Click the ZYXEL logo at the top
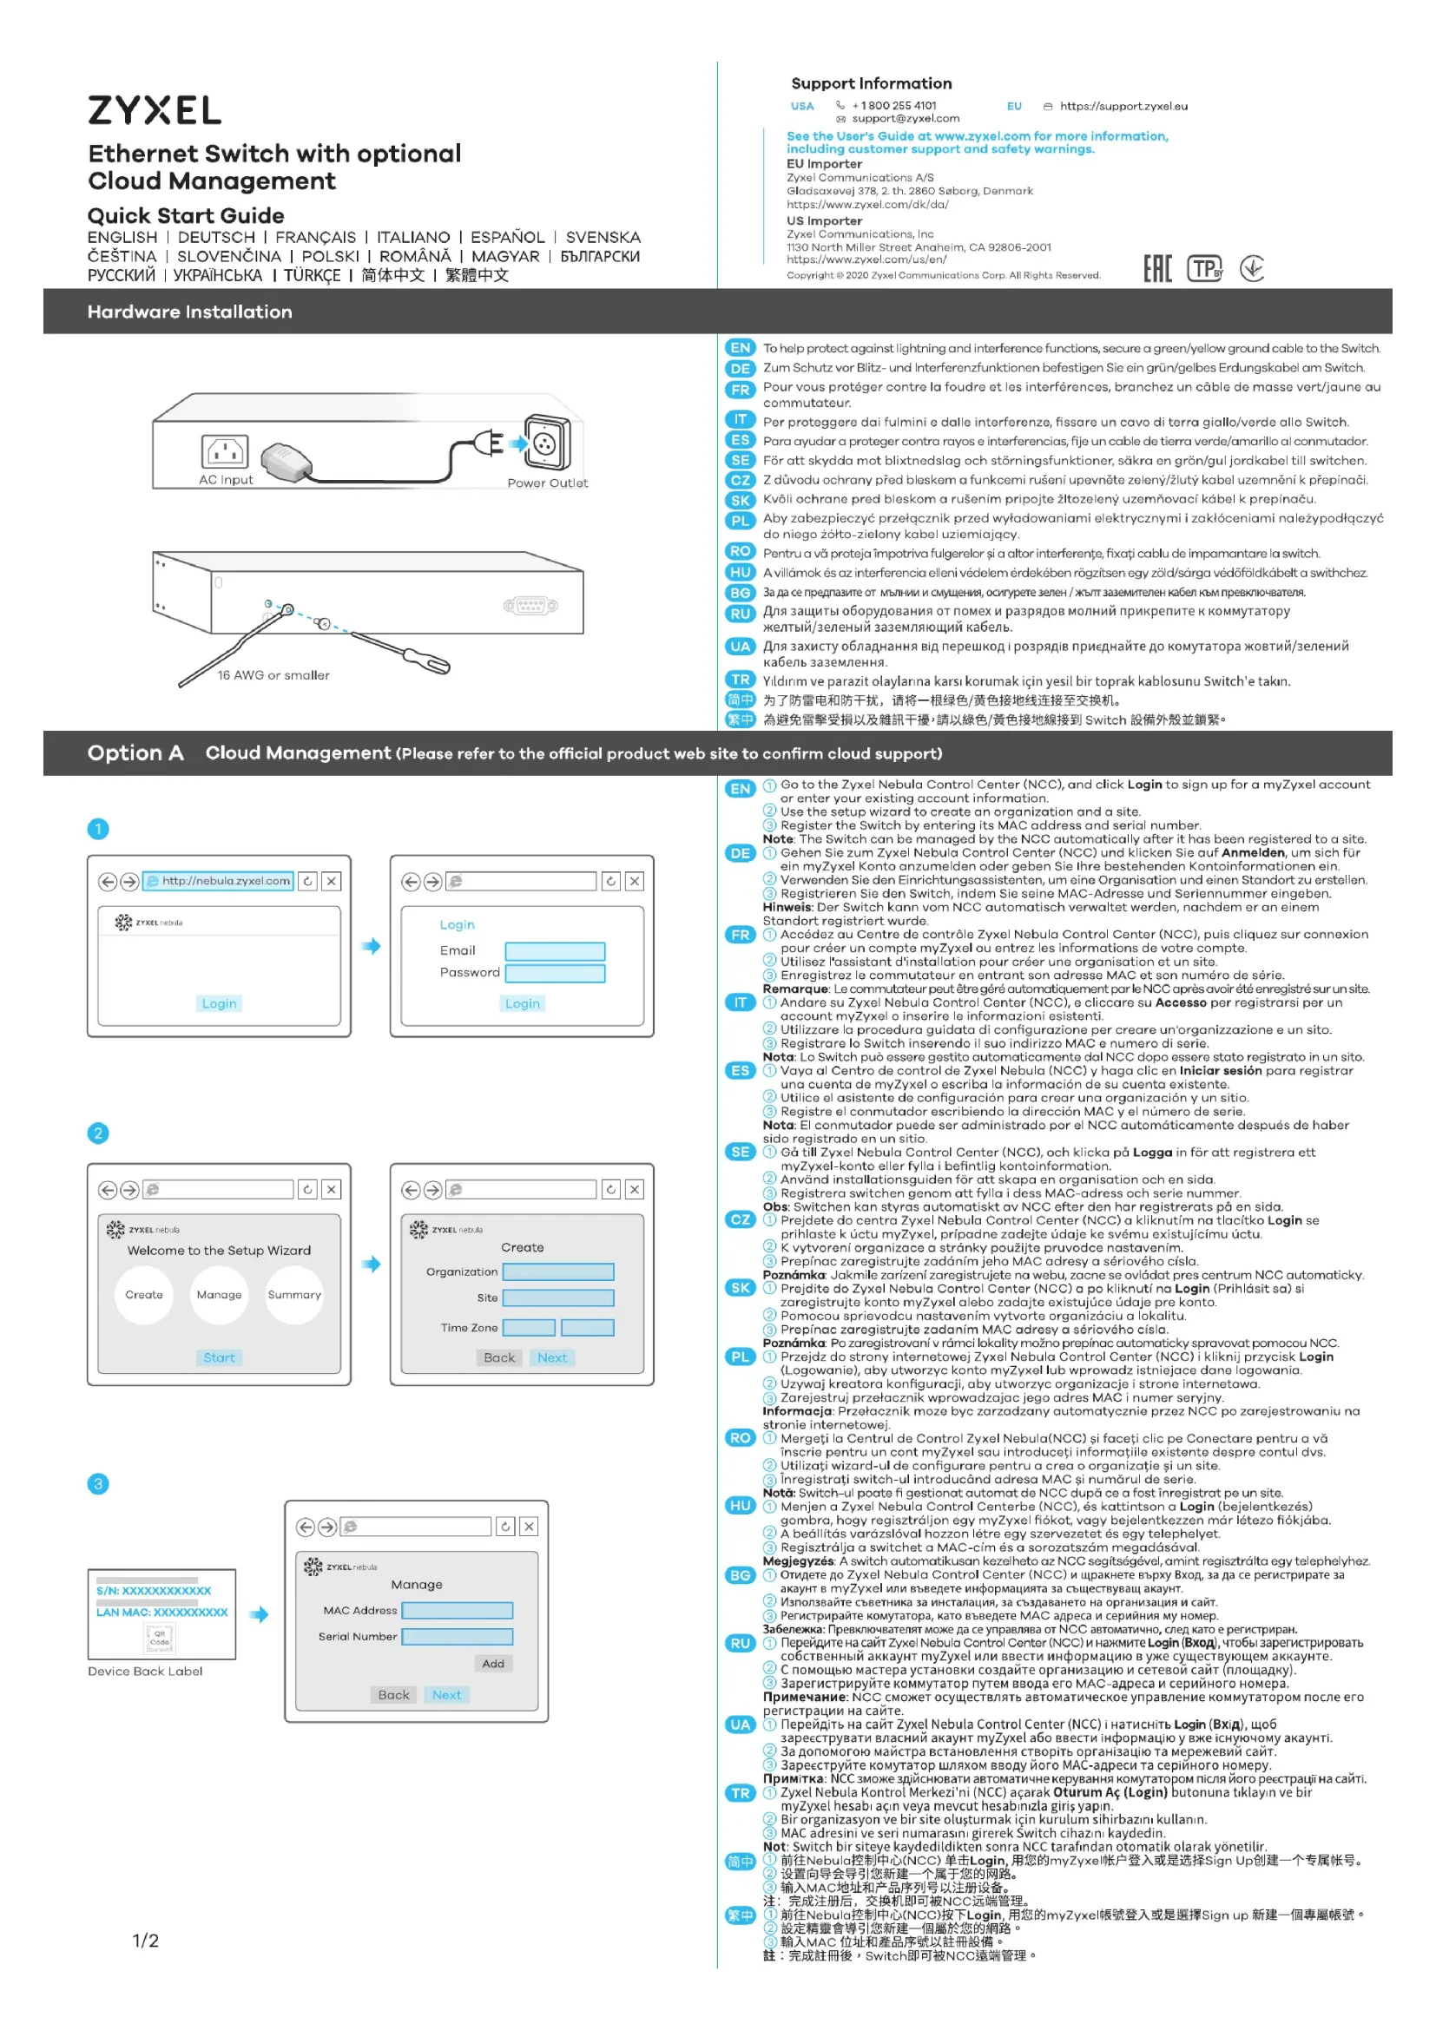click(x=154, y=110)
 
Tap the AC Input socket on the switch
click(x=225, y=452)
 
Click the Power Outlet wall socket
click(x=546, y=443)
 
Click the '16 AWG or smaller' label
click(x=273, y=675)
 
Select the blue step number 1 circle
click(x=98, y=830)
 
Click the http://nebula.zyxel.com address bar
click(x=219, y=882)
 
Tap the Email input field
click(x=555, y=951)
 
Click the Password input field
click(x=555, y=974)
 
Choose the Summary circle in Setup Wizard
click(x=294, y=1295)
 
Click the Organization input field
click(x=558, y=1272)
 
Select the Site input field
click(x=558, y=1297)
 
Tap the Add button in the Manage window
click(x=493, y=1664)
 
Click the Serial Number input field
click(x=458, y=1638)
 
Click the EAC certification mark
click(x=1157, y=269)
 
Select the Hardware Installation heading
click(x=189, y=312)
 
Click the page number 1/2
click(x=146, y=1941)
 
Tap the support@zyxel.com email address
click(x=905, y=119)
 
